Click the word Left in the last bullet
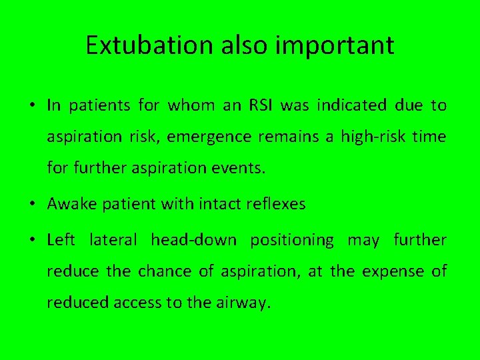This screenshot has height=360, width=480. point(61,239)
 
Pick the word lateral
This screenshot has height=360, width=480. point(113,239)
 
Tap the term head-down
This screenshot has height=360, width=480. point(193,239)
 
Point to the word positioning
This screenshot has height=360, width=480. point(292,240)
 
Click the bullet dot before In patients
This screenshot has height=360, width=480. point(32,106)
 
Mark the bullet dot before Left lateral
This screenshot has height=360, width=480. point(32,240)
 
